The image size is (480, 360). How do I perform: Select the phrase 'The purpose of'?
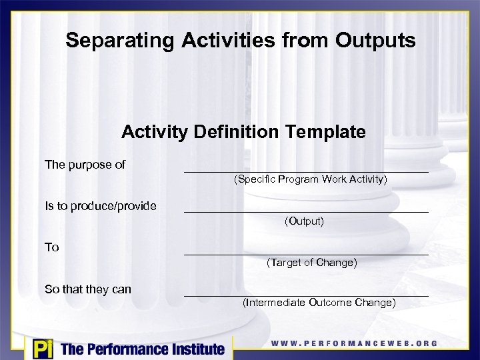(x=85, y=164)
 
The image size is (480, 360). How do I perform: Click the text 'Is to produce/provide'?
(x=100, y=206)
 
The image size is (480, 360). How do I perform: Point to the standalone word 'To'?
(x=52, y=247)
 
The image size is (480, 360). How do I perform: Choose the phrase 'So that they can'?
(x=88, y=289)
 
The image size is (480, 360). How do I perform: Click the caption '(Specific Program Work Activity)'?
(x=310, y=179)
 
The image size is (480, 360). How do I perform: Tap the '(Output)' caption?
(x=304, y=221)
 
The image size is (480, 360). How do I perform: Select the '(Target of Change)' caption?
(x=311, y=263)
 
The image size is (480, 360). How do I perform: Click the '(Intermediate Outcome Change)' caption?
(x=319, y=303)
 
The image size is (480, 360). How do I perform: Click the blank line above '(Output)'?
(x=306, y=211)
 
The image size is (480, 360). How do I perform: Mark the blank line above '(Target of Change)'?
(x=306, y=253)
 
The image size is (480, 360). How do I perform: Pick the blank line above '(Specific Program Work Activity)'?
(x=306, y=171)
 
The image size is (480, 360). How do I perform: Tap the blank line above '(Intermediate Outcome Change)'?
(x=306, y=295)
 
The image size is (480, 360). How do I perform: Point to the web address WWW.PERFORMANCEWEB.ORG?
(x=354, y=343)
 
